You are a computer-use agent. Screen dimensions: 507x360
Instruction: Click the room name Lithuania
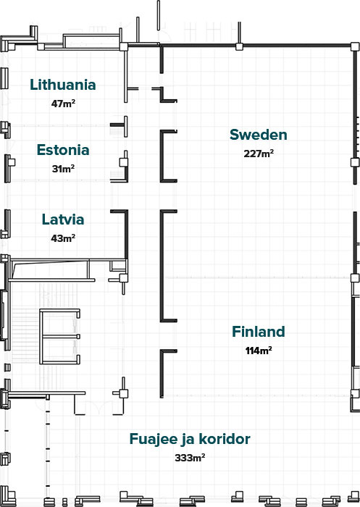point(63,85)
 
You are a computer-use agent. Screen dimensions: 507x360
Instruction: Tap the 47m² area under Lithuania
point(64,104)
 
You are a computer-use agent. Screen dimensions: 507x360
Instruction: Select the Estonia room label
point(63,151)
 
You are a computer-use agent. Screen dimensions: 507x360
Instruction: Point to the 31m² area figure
point(64,169)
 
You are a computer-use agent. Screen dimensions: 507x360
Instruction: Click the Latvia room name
point(63,219)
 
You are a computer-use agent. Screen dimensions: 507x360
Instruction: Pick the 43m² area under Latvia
point(64,238)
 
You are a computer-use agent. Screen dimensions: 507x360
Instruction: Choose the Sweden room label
point(259,135)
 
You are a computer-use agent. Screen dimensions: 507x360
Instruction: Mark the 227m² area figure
point(259,154)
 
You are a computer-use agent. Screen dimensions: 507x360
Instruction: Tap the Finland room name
point(259,332)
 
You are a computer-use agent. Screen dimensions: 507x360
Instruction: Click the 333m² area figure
point(191,458)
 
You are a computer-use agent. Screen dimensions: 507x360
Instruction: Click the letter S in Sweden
point(235,135)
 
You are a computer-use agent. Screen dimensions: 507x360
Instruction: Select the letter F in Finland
point(236,332)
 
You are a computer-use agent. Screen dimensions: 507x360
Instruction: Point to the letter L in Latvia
point(46,219)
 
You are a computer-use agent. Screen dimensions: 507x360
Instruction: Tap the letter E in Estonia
point(41,151)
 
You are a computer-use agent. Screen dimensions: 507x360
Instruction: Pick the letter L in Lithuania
point(34,85)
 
